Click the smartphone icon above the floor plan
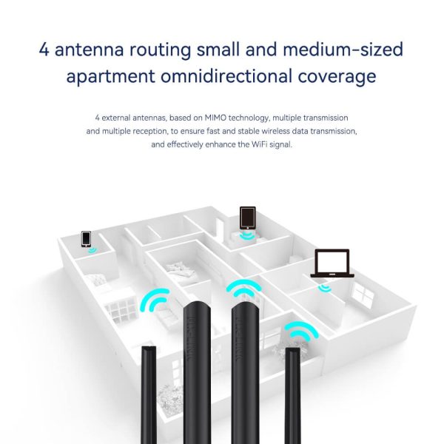[x=86, y=239]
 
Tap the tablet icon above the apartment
[x=247, y=218]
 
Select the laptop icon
[x=332, y=263]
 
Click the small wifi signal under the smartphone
[x=92, y=250]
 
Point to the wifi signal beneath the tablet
[x=246, y=236]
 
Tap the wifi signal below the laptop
[x=325, y=289]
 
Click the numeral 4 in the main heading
[x=44, y=50]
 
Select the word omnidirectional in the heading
[x=226, y=76]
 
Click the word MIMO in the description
[x=215, y=118]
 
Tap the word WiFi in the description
[x=259, y=145]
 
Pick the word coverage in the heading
[x=337, y=77]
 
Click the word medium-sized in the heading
[x=343, y=50]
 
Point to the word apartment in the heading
[x=111, y=77]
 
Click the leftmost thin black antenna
[x=149, y=394]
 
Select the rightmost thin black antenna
[x=293, y=396]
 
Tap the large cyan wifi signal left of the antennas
[x=155, y=300]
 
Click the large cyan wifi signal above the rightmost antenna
[x=301, y=330]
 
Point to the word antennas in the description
[x=149, y=118]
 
